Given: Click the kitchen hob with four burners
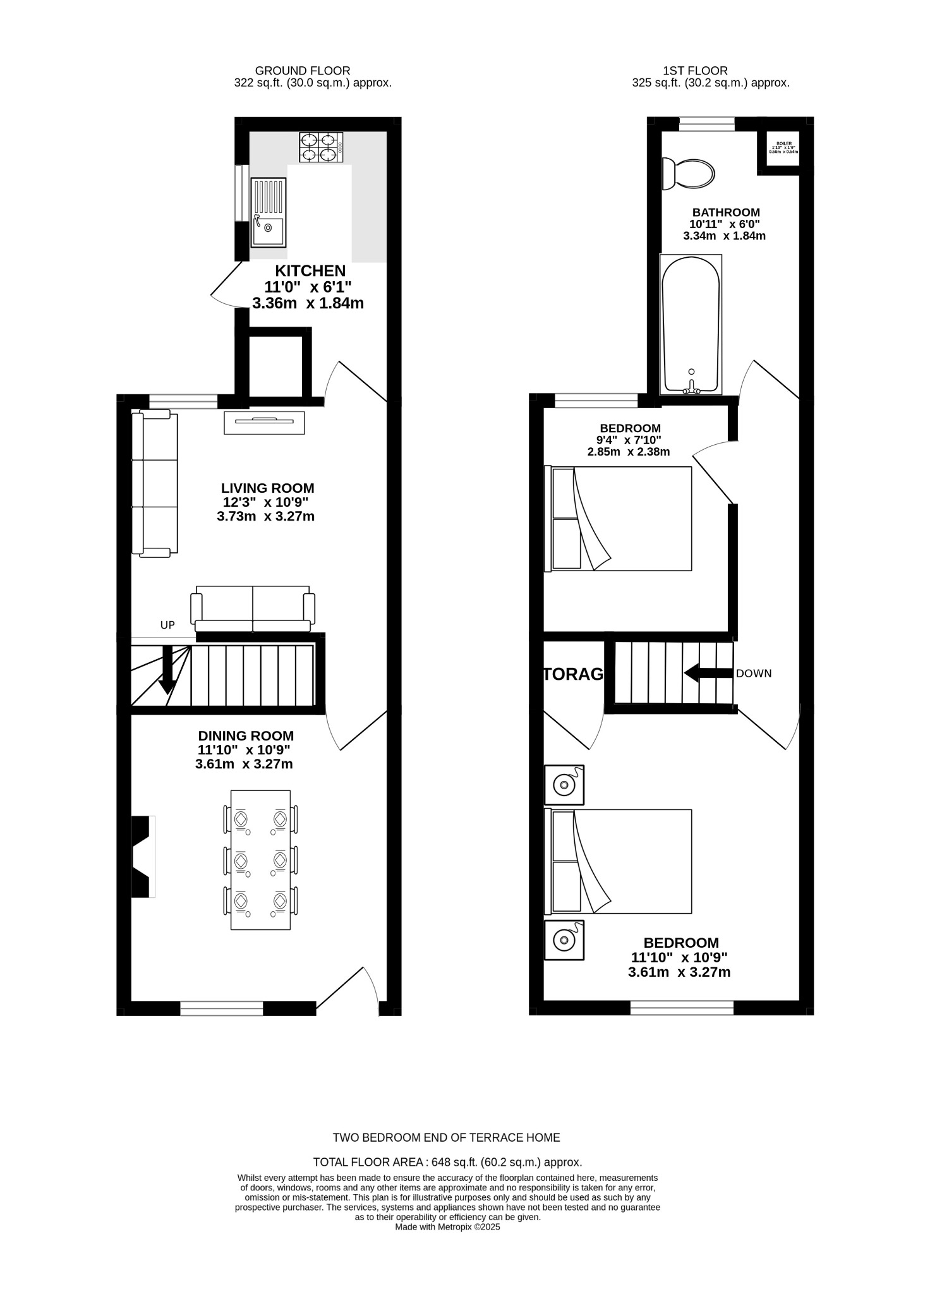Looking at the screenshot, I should (321, 147).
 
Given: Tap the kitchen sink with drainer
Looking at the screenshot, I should (268, 212).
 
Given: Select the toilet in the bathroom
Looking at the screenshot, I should (689, 172).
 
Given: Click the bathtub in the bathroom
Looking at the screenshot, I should (691, 323).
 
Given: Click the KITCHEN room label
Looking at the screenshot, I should (310, 271).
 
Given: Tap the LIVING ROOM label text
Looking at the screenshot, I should (267, 488).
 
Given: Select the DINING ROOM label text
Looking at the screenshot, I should (246, 736).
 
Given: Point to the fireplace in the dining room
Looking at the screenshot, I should (143, 856).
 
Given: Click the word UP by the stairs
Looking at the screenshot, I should (167, 626).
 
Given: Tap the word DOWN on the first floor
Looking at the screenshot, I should (754, 674).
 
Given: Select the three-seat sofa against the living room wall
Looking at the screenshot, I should (155, 483).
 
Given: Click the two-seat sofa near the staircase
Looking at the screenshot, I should (253, 608).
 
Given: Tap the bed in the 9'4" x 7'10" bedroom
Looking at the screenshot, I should (619, 519).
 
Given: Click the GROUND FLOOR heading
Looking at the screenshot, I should (303, 71).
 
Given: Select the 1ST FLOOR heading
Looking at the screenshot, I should (695, 71).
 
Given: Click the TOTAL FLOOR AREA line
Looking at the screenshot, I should (447, 1162).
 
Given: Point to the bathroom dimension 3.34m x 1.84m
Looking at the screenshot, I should (724, 236).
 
